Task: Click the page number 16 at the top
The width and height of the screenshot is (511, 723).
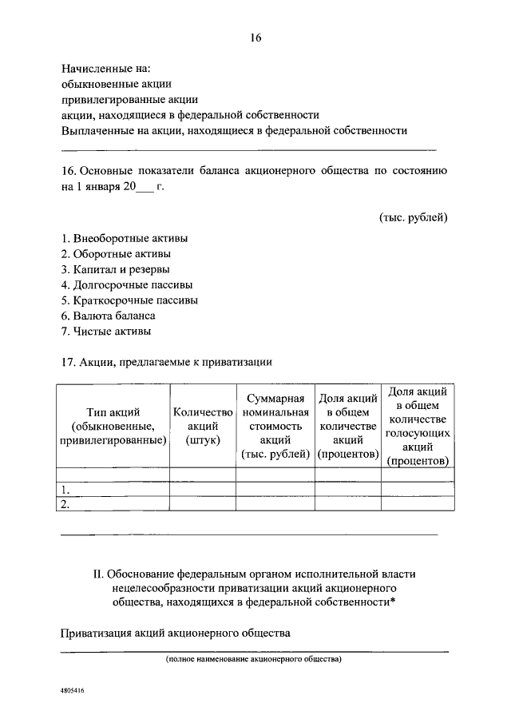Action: pyautogui.click(x=255, y=38)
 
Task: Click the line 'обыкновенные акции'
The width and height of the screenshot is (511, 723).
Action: pyautogui.click(x=117, y=84)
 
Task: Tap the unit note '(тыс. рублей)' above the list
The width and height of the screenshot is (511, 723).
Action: pyautogui.click(x=413, y=217)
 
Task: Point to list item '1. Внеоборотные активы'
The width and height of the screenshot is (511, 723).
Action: pyautogui.click(x=125, y=238)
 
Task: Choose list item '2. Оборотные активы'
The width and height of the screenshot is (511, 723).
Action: pyautogui.click(x=116, y=254)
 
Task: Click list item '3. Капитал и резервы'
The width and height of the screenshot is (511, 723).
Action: pyautogui.click(x=115, y=269)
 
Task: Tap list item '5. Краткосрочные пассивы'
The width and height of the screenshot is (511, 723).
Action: pyautogui.click(x=129, y=300)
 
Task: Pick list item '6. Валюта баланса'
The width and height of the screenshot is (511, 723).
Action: pyautogui.click(x=108, y=316)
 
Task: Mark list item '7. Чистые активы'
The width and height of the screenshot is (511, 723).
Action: pyautogui.click(x=105, y=331)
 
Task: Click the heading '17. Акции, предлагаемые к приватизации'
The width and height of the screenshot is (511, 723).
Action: pyautogui.click(x=167, y=362)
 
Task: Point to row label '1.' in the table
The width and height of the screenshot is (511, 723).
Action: pyautogui.click(x=65, y=490)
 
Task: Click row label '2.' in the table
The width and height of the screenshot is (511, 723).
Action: pyautogui.click(x=65, y=504)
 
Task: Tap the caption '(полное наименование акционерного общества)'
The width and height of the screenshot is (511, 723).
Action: pyautogui.click(x=253, y=660)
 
